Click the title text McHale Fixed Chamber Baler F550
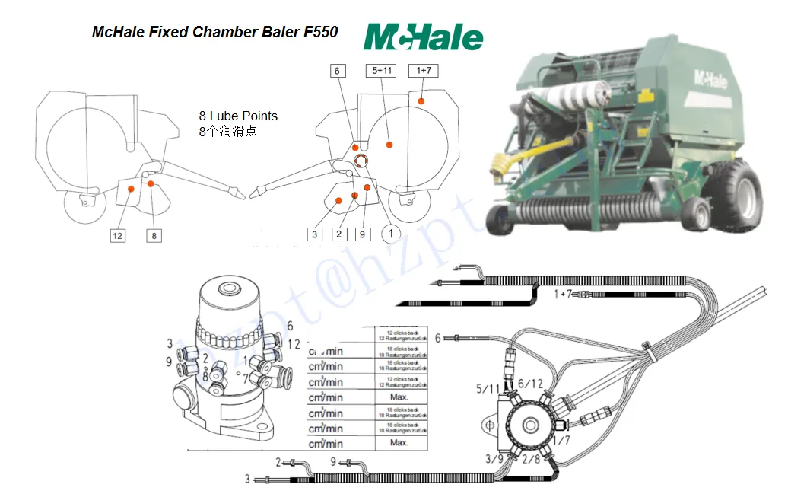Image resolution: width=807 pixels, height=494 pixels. (x=215, y=32)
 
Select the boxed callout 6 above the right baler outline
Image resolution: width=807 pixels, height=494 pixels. (x=338, y=72)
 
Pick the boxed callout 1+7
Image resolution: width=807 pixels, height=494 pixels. (x=424, y=71)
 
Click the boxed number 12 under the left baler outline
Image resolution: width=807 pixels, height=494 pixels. (x=117, y=236)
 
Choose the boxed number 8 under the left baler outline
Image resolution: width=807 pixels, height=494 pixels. (x=154, y=236)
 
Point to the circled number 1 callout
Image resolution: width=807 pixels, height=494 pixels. (x=391, y=233)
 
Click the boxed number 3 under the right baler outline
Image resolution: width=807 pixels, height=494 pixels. (x=315, y=234)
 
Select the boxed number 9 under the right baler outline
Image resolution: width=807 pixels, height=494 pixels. (x=364, y=234)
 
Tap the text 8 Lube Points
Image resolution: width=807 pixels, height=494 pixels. (x=238, y=116)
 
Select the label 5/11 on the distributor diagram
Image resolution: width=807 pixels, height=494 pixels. (x=489, y=389)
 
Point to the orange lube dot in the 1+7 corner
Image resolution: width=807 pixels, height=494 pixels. (x=421, y=100)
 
